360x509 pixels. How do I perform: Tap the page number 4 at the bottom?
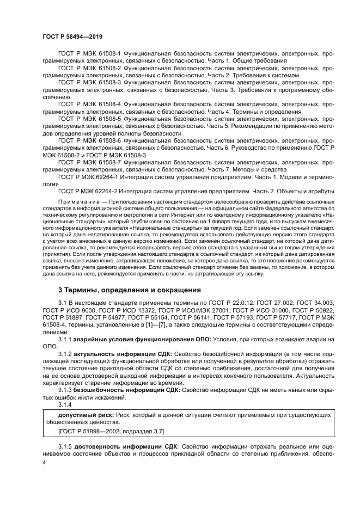click(x=44, y=462)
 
